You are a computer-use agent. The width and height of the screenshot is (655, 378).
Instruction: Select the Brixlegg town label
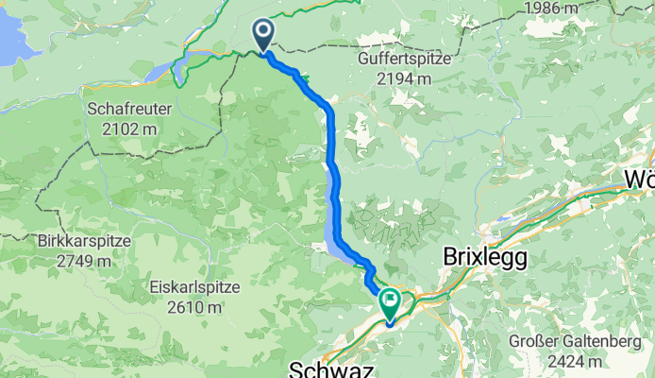pos(485,257)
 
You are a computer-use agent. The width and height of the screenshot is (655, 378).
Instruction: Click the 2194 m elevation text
pos(405,79)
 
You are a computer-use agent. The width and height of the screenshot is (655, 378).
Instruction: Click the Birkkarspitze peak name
pos(86,240)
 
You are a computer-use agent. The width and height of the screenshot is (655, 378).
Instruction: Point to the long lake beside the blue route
pos(332,203)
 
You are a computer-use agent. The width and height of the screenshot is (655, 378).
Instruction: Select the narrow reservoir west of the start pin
pos(185,66)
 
